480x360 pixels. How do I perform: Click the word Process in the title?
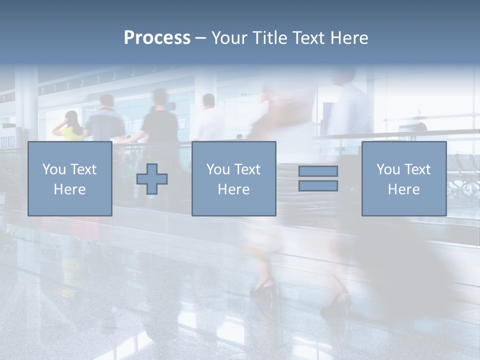[x=157, y=38]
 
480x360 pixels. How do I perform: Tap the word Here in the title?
[x=348, y=38]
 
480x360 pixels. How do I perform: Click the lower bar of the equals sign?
[x=318, y=186]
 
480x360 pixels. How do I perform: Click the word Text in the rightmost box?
[x=418, y=169]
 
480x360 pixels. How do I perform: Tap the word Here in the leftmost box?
[x=69, y=189]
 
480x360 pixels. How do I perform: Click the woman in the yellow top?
[x=70, y=128]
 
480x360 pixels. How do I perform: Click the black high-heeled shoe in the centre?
[x=263, y=287]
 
